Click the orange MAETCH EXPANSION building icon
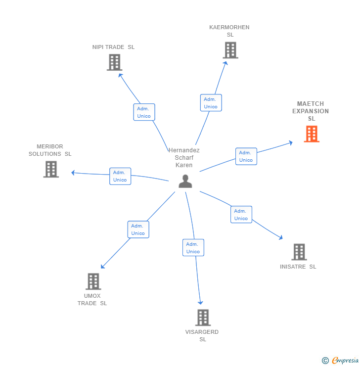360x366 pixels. pyautogui.click(x=312, y=134)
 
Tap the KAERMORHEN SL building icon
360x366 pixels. pyautogui.click(x=230, y=50)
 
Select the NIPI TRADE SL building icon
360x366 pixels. pyautogui.click(x=114, y=62)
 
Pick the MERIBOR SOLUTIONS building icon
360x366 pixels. pyautogui.click(x=51, y=169)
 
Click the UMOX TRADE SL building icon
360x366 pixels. pyautogui.click(x=93, y=281)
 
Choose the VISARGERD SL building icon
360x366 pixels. pyautogui.click(x=203, y=318)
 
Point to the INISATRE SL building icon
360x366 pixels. pyautogui.click(x=299, y=252)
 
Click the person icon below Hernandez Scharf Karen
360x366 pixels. pyautogui.click(x=185, y=182)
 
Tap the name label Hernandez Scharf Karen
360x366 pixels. pyautogui.click(x=184, y=158)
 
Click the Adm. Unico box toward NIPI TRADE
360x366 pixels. pyautogui.click(x=144, y=112)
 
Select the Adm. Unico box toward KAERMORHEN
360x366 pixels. pyautogui.click(x=211, y=103)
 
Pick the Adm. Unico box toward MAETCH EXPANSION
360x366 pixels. pyautogui.click(x=246, y=156)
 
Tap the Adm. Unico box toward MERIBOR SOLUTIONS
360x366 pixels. pyautogui.click(x=120, y=176)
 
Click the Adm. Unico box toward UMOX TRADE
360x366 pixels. pyautogui.click(x=138, y=229)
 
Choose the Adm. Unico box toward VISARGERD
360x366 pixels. pyautogui.click(x=193, y=248)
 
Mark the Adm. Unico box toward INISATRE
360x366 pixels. pyautogui.click(x=241, y=215)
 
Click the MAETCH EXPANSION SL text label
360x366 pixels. pyautogui.click(x=311, y=111)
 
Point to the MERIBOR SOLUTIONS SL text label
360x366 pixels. pyautogui.click(x=50, y=150)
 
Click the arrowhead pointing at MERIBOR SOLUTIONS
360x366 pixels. pyautogui.click(x=73, y=173)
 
